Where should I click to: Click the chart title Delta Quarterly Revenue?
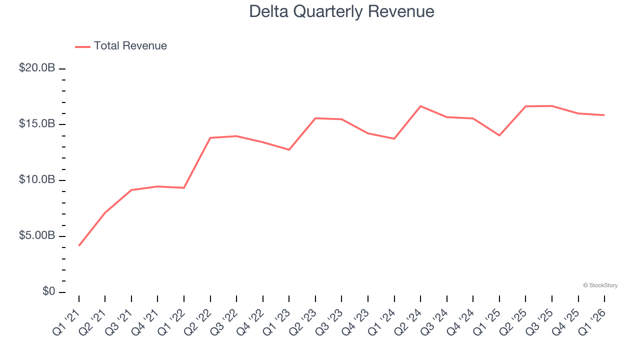(341, 11)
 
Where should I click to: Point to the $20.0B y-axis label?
(37, 68)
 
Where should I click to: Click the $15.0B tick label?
(37, 124)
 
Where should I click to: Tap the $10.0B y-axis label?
(37, 180)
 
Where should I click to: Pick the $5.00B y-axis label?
(37, 236)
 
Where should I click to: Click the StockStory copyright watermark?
(600, 285)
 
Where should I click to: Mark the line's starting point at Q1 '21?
(79, 245)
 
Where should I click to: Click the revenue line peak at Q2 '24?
(420, 106)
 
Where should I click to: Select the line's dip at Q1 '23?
(289, 149)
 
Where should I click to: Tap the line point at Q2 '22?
(210, 137)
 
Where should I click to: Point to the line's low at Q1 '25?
(499, 135)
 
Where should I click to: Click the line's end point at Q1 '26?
(604, 115)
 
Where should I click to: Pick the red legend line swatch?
(82, 46)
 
